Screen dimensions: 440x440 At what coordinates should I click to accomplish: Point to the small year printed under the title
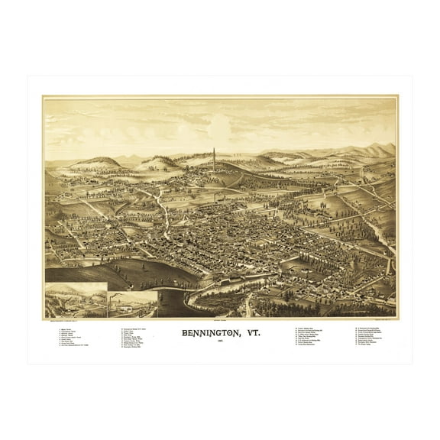[220, 343]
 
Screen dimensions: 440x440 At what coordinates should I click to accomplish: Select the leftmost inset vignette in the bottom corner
[76, 299]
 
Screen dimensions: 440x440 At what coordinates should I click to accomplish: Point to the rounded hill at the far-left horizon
[95, 163]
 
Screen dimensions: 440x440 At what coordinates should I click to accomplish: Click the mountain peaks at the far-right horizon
[378, 150]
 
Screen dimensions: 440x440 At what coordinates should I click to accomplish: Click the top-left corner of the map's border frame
[44, 95]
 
